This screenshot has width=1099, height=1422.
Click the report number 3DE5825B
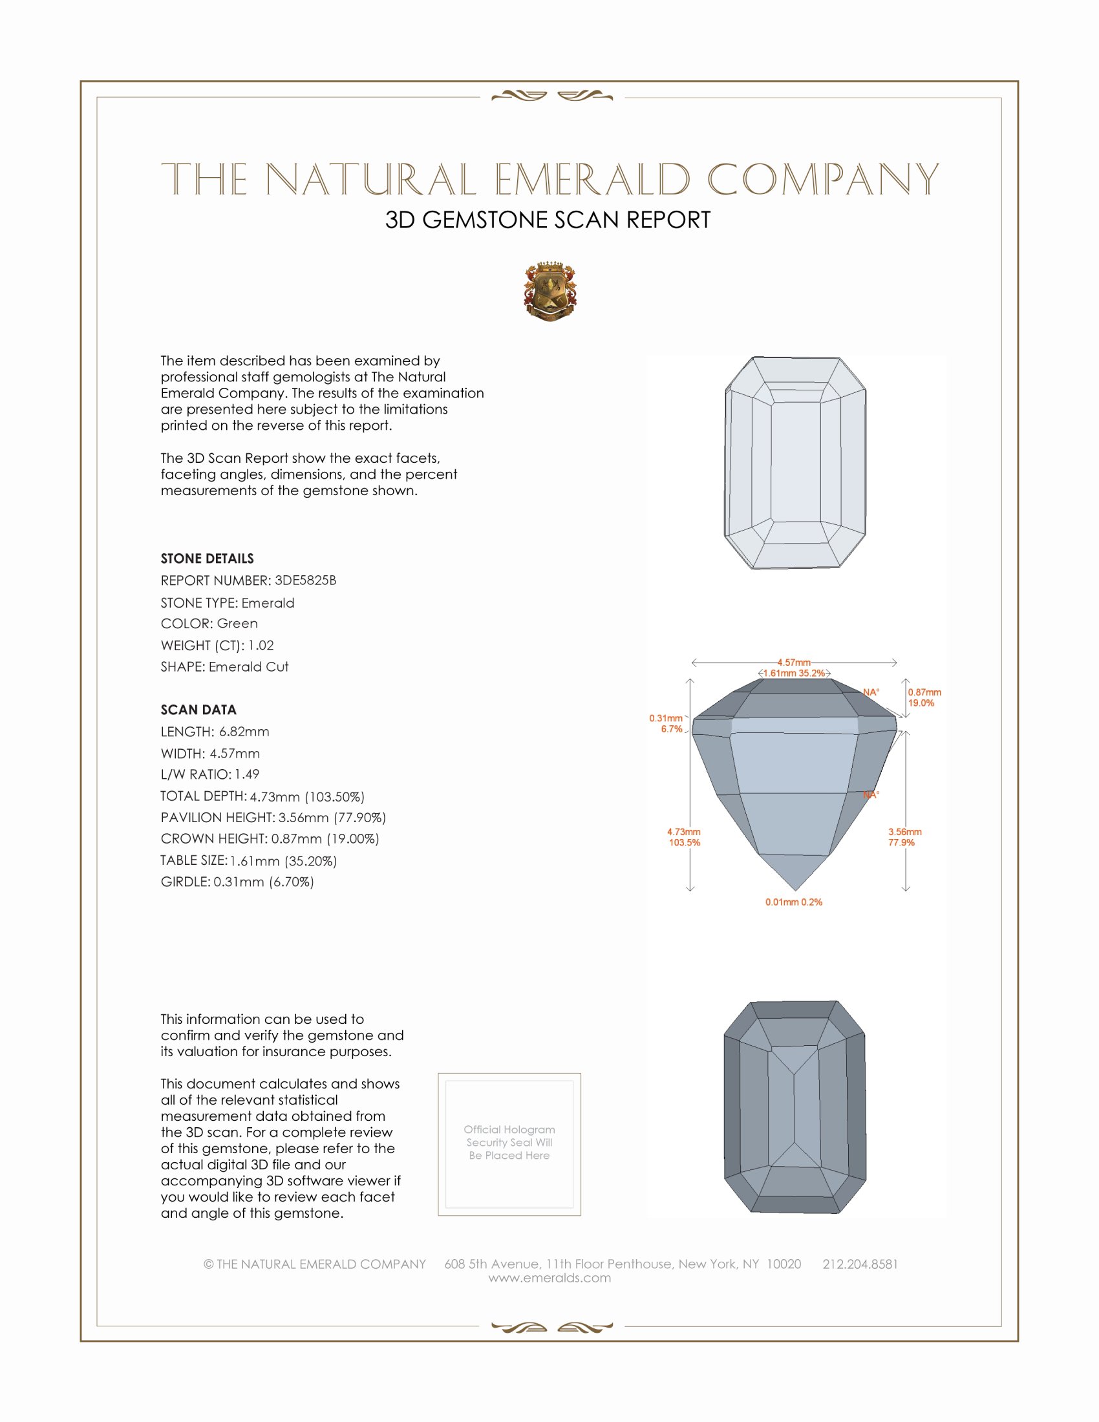(x=304, y=580)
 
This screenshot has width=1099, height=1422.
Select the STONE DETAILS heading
(x=207, y=558)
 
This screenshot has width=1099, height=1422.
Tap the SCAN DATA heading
(x=198, y=710)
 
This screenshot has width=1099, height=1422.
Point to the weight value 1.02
(x=261, y=645)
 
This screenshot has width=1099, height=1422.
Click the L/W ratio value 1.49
(x=247, y=774)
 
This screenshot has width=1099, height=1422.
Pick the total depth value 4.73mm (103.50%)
(x=306, y=796)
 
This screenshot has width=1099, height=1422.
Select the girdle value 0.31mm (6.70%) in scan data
(x=263, y=882)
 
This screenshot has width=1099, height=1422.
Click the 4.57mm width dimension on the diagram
(x=794, y=662)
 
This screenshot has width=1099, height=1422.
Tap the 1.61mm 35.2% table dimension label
(x=794, y=674)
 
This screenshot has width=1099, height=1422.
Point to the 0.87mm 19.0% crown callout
(x=924, y=697)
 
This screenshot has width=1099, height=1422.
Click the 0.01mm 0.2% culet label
(x=794, y=902)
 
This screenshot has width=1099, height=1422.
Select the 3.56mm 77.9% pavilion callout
(x=904, y=836)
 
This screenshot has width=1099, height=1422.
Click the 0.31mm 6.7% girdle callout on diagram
(x=666, y=723)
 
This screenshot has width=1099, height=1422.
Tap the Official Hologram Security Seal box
(x=509, y=1144)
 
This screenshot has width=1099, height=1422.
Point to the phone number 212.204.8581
(x=859, y=1264)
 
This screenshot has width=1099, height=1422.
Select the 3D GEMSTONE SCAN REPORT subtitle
(x=548, y=220)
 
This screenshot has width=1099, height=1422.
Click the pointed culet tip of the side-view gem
(x=795, y=890)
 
